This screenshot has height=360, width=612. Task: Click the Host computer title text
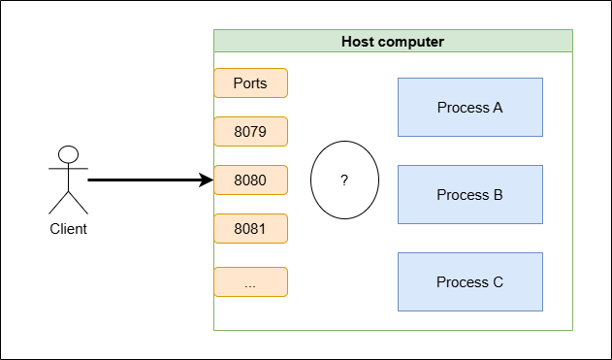(393, 42)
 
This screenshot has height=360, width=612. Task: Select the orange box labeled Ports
(250, 82)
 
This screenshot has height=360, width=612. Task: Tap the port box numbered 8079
(250, 132)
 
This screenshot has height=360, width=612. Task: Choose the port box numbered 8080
(250, 180)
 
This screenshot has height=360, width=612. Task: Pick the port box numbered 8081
(250, 228)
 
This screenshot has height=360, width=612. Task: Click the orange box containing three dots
(250, 282)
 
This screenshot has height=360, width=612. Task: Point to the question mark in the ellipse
(344, 180)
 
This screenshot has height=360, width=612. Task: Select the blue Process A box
(470, 108)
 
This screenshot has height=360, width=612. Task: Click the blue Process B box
(470, 194)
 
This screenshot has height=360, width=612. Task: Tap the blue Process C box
(470, 282)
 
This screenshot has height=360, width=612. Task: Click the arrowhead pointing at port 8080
(206, 180)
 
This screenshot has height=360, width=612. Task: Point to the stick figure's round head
(68, 154)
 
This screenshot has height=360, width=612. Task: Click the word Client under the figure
(68, 229)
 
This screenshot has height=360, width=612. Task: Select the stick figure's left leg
(58, 203)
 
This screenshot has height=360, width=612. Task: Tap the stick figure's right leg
(78, 203)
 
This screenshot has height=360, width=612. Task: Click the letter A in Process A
(498, 108)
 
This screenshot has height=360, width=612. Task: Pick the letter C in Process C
(498, 282)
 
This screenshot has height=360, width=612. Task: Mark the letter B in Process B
(498, 194)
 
